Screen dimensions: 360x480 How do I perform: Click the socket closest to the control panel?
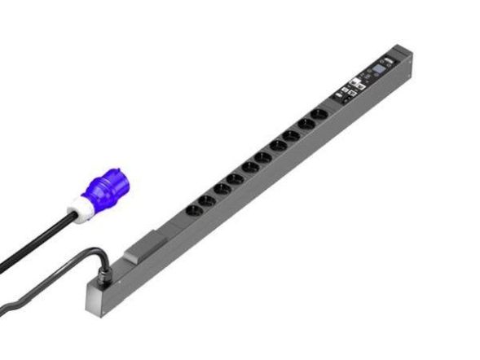[320, 112]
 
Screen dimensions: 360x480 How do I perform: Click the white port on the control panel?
[355, 81]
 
